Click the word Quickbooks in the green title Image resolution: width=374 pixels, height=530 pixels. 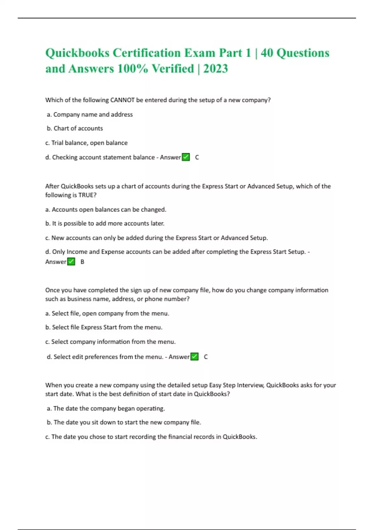(77, 53)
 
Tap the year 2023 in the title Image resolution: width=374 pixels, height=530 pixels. (215, 69)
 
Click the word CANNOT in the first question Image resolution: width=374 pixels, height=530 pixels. (122, 100)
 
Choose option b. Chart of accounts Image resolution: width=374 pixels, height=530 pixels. (75, 128)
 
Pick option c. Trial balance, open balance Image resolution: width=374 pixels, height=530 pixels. (86, 143)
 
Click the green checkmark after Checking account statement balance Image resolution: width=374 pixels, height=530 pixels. (186, 157)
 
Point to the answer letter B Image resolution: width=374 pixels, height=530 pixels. (82, 262)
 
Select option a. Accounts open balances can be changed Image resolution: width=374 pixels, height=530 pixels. (106, 210)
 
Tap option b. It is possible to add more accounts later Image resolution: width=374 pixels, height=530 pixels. (105, 224)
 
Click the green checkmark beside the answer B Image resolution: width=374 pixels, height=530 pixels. (71, 262)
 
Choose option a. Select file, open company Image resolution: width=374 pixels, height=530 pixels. (107, 313)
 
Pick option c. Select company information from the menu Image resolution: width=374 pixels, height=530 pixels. (110, 342)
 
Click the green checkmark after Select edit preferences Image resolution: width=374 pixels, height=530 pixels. (194, 357)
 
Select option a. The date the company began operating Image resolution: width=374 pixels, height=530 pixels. (106, 408)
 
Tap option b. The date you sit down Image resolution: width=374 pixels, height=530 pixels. (124, 422)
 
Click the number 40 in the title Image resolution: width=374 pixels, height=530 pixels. (267, 53)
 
